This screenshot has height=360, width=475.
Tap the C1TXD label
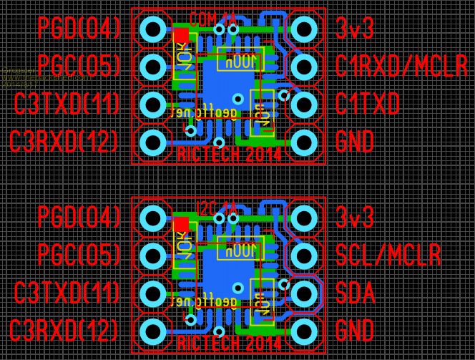coord(368,104)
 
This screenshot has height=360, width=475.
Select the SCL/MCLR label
coord(387,254)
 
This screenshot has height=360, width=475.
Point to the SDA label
coord(356,292)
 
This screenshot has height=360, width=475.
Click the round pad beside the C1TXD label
coord(303,104)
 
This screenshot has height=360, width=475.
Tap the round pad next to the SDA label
coord(303,293)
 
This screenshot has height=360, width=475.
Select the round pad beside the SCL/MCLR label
coord(303,254)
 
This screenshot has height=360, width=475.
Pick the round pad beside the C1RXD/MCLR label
coord(303,67)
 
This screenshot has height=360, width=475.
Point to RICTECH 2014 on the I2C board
coord(228,344)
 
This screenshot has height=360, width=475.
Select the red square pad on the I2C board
coord(181,225)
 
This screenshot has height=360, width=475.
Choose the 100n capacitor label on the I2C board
coord(240,251)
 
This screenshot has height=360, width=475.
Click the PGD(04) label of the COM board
coord(79,29)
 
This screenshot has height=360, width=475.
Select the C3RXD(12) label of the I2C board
coord(65,330)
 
